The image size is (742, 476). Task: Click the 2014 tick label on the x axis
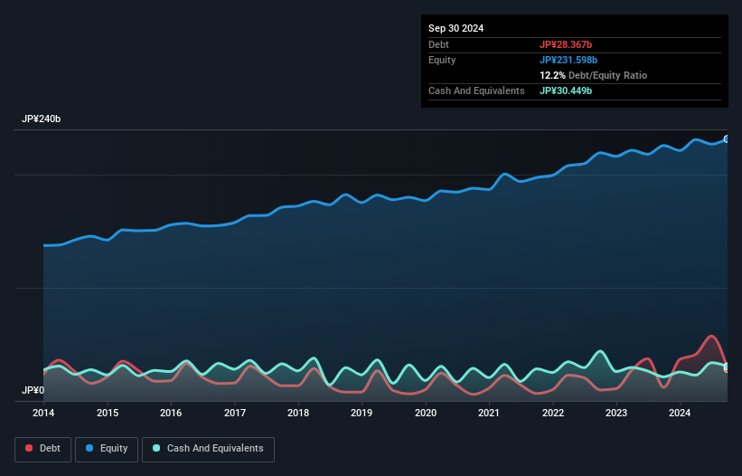click(x=43, y=414)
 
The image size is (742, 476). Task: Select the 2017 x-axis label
click(x=235, y=414)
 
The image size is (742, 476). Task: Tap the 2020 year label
click(x=426, y=414)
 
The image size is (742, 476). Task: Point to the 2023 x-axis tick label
click(x=616, y=414)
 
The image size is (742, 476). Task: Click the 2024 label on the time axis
click(x=680, y=414)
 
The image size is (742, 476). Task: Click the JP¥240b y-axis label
click(x=42, y=119)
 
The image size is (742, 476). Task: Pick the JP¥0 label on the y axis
click(x=33, y=391)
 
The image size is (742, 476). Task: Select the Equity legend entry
click(x=107, y=449)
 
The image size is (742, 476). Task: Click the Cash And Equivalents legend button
click(x=207, y=449)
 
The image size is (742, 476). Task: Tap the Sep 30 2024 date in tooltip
click(x=456, y=28)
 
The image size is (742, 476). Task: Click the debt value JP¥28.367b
click(x=567, y=44)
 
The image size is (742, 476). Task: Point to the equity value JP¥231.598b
click(x=570, y=60)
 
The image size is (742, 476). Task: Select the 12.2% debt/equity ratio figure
click(x=553, y=75)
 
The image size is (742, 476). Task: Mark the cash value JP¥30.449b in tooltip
click(x=567, y=90)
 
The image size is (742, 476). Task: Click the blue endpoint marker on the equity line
click(x=727, y=139)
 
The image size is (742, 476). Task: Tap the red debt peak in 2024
click(x=712, y=336)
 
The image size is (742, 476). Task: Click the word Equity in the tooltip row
click(x=442, y=60)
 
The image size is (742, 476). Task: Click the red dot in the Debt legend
click(x=30, y=449)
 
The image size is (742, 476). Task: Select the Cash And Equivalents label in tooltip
click(x=476, y=90)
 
